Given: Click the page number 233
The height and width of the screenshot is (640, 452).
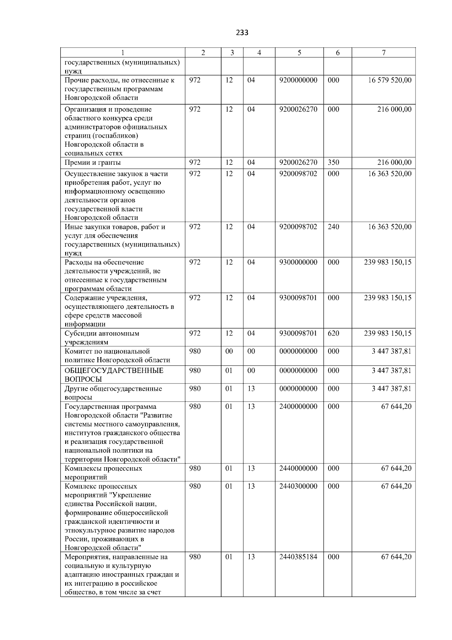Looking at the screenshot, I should [242, 33].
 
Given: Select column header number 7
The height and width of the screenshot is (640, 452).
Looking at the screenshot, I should [383, 53].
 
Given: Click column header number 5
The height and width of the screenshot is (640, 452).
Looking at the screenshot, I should [299, 53].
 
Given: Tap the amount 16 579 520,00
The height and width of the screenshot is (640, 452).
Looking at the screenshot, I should [389, 80].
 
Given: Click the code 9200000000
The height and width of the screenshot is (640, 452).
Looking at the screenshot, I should [298, 80].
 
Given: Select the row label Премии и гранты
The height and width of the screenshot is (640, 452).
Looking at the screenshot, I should [93, 163].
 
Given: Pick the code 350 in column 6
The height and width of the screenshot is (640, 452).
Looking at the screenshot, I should [333, 163].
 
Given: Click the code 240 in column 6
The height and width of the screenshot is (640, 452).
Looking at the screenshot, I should [333, 227].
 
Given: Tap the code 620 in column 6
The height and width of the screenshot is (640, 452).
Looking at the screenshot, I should [333, 333].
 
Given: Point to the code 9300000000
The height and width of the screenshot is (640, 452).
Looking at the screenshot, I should [298, 262].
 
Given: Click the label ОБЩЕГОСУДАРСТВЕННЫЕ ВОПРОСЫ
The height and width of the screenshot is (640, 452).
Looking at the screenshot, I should [114, 375].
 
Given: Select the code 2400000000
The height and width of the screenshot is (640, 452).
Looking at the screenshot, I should [298, 407].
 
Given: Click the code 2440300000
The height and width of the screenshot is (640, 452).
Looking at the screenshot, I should [298, 487].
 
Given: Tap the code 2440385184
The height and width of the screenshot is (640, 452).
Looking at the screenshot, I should [298, 557].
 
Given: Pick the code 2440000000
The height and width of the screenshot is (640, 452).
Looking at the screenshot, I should [298, 468].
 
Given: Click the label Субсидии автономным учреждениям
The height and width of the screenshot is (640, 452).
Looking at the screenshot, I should [102, 338].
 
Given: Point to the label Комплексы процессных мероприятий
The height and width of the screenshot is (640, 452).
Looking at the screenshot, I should [103, 473].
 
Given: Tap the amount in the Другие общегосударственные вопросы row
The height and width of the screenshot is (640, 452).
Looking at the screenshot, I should [391, 389].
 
